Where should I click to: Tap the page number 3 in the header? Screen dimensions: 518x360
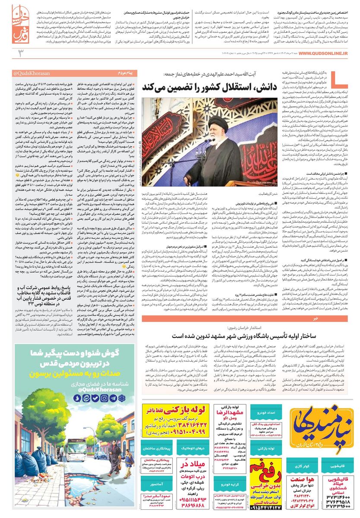(x=19, y=54)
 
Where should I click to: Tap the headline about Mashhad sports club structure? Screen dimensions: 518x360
(x=257, y=335)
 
